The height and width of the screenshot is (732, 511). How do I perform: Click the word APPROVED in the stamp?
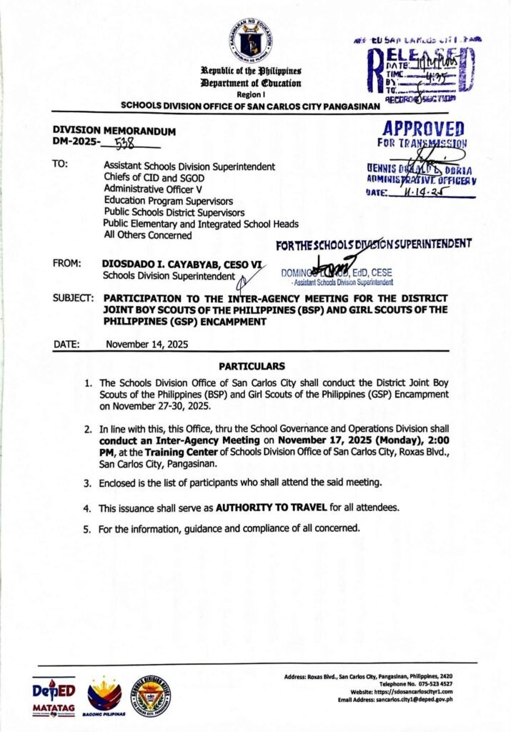(423, 129)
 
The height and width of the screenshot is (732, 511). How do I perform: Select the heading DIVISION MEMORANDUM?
(114, 132)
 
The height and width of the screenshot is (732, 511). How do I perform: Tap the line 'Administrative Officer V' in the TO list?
(153, 189)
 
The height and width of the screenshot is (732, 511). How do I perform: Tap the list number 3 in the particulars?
(86, 484)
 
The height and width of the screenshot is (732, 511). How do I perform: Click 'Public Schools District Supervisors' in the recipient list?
(174, 212)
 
